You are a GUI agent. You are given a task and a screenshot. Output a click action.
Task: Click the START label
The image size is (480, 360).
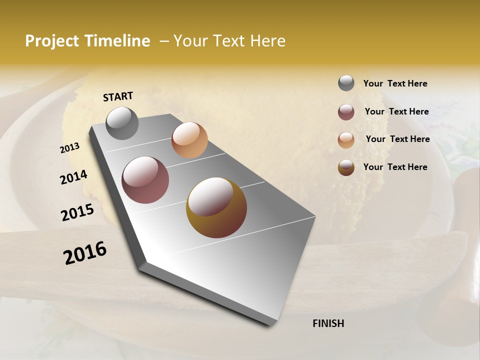click(118, 96)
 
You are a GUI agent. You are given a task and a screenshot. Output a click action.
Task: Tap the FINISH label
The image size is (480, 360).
click(328, 323)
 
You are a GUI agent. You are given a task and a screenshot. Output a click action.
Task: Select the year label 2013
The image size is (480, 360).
click(69, 148)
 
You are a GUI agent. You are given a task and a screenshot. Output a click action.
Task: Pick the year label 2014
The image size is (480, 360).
click(73, 177)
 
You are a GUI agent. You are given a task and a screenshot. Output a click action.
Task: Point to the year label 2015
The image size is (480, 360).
click(77, 212)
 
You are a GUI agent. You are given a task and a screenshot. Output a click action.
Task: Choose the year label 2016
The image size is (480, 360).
click(85, 253)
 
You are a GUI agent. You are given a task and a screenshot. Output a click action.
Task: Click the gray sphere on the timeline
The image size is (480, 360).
click(122, 123)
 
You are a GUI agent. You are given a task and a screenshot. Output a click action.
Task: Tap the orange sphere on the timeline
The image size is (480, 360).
click(189, 140)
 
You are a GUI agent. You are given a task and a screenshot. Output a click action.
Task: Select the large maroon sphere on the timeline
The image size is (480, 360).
click(145, 180)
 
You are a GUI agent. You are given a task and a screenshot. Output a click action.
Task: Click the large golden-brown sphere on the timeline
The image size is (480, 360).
click(216, 207)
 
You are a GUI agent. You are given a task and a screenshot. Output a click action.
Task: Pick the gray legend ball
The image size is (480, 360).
click(346, 83)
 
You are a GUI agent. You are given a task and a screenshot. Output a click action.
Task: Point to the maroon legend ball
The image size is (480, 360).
click(346, 112)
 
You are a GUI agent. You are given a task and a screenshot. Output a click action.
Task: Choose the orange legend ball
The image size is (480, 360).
click(346, 140)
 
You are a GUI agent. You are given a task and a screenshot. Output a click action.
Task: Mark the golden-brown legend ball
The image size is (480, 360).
click(346, 167)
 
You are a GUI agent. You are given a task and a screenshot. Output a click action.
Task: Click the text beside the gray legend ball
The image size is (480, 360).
click(395, 83)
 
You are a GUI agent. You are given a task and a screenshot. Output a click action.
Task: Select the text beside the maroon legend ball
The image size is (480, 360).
click(396, 111)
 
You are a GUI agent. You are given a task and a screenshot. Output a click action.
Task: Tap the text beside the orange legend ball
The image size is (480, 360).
click(397, 139)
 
